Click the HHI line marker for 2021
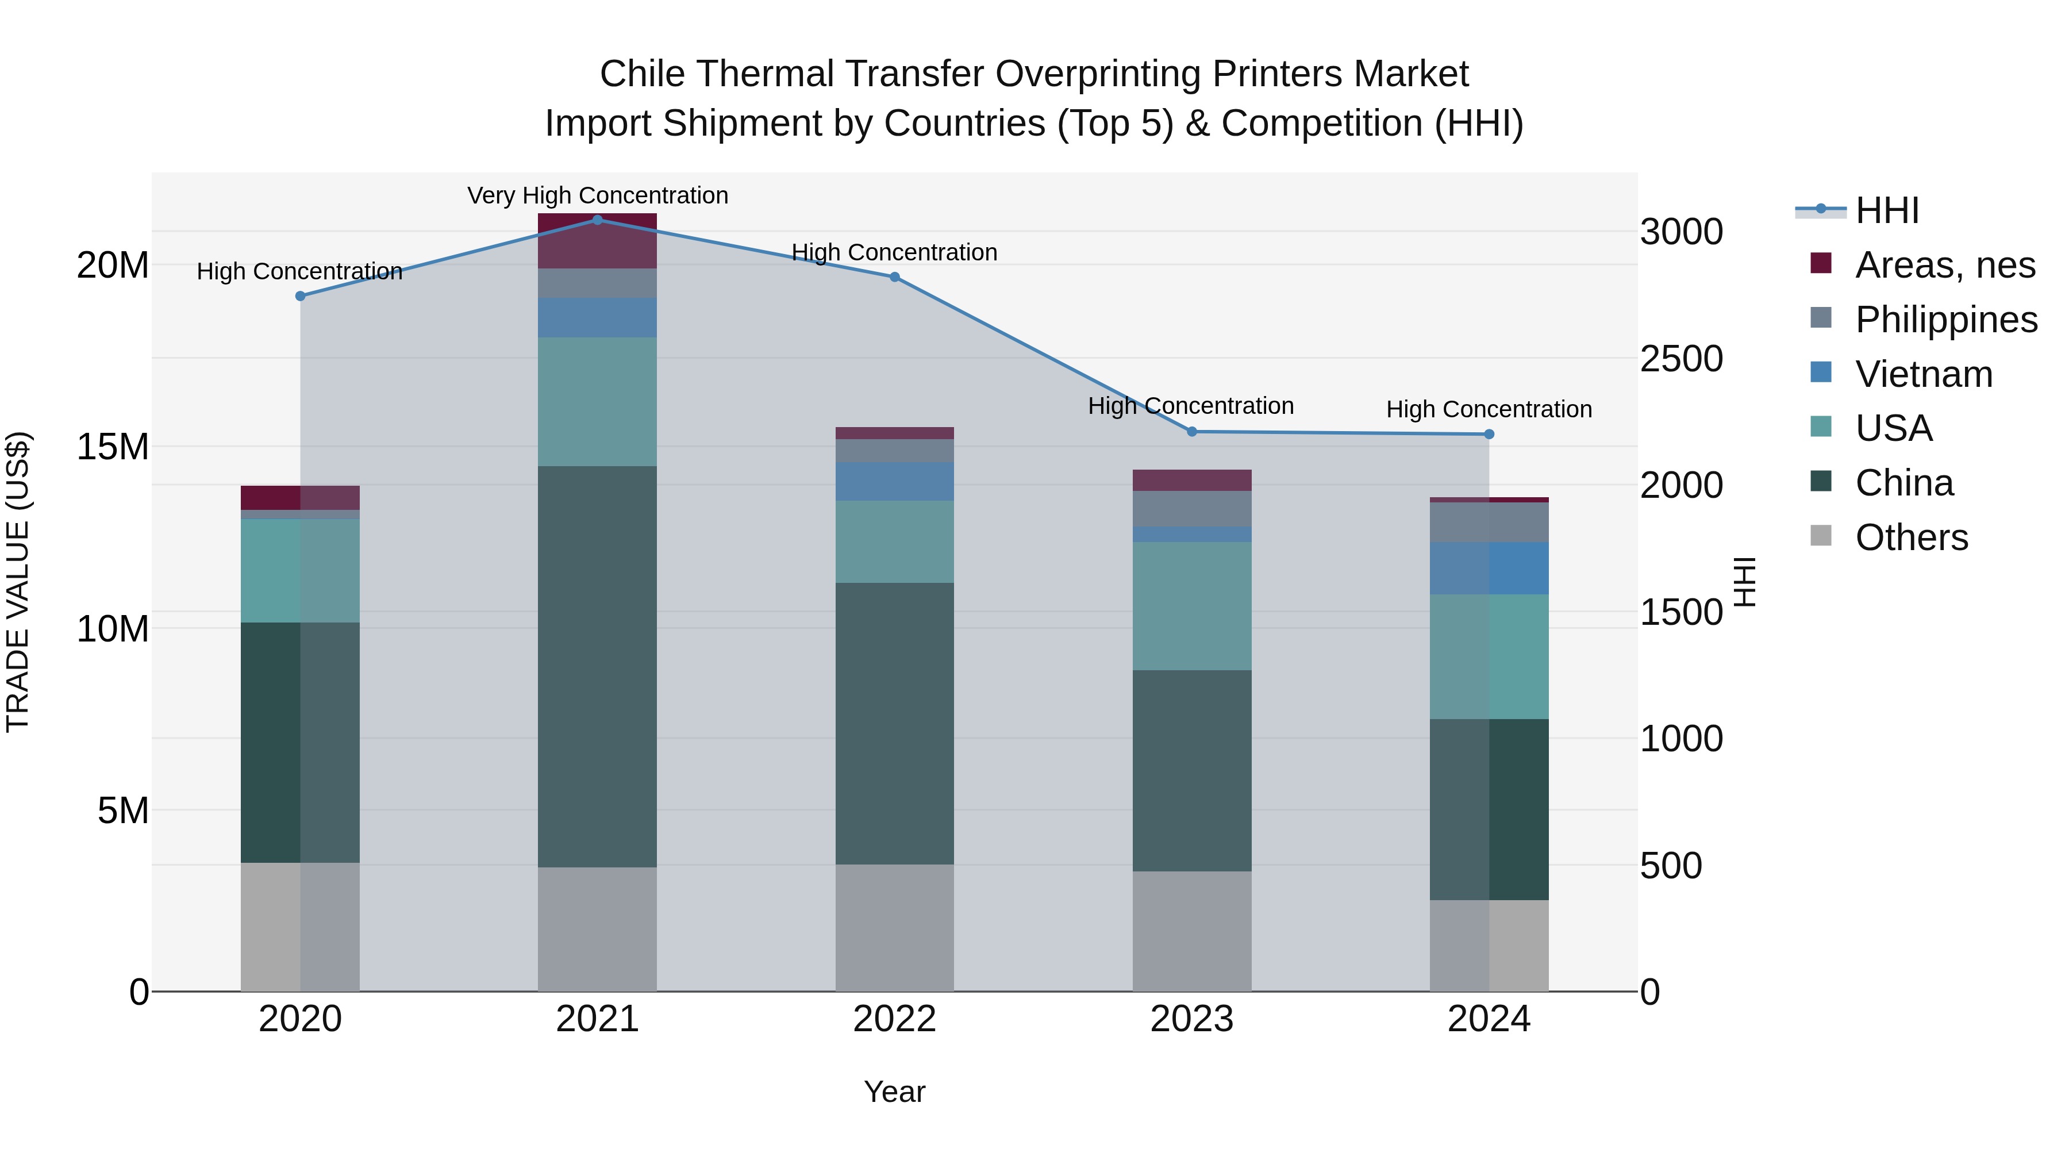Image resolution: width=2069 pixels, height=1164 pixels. click(597, 220)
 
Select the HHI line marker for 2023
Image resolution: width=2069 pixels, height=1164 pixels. click(1192, 431)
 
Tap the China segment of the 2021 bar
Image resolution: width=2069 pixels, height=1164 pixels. click(597, 666)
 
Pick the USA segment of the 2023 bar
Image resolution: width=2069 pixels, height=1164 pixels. click(1192, 606)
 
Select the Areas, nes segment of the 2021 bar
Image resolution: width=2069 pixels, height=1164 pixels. click(597, 241)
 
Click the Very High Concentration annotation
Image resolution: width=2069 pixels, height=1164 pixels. click(598, 195)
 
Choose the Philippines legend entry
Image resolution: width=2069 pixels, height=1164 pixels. click(1945, 319)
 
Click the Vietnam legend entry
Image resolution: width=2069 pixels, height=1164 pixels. click(1923, 374)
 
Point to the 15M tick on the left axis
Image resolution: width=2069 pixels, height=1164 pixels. click(113, 447)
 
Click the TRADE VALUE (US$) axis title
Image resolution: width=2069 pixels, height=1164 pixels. click(18, 582)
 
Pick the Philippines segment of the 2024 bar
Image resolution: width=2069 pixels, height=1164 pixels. click(1489, 522)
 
